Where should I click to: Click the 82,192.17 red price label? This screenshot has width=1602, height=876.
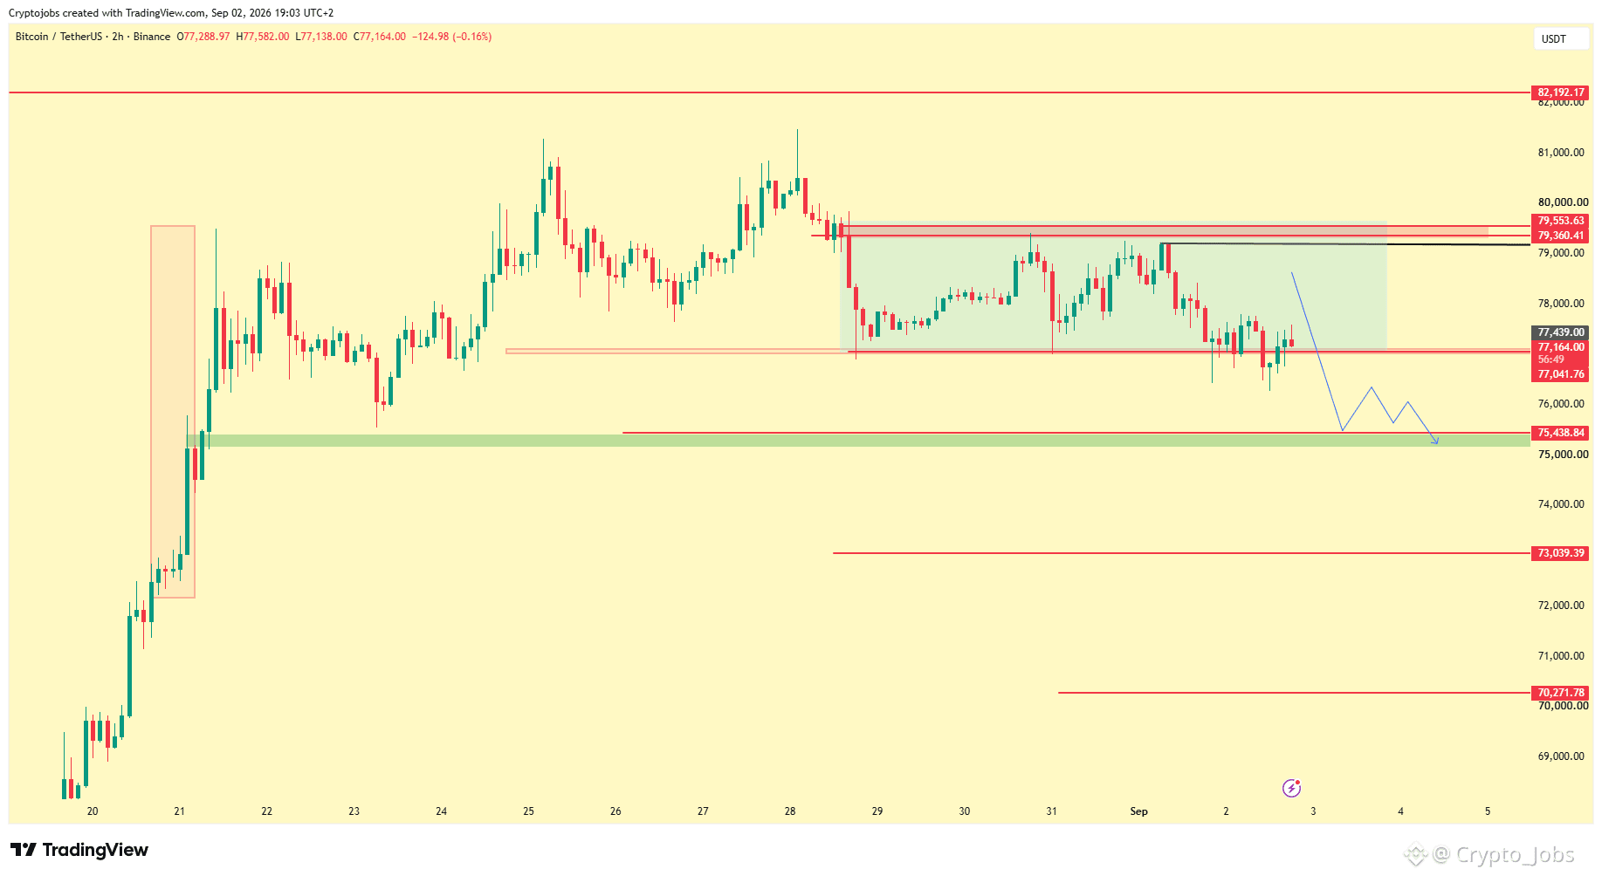click(x=1561, y=92)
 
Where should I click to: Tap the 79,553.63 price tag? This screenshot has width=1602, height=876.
click(x=1561, y=222)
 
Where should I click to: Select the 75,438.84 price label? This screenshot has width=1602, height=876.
click(x=1561, y=433)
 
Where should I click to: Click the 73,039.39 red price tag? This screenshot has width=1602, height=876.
click(x=1561, y=553)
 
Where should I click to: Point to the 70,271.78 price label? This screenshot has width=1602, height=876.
click(x=1561, y=693)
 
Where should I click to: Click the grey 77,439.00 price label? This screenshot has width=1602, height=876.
click(x=1561, y=332)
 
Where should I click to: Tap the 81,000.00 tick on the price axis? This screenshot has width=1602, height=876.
click(x=1561, y=153)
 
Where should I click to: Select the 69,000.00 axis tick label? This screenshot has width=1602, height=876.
click(x=1561, y=756)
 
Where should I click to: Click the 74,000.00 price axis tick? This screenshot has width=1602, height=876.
click(x=1561, y=504)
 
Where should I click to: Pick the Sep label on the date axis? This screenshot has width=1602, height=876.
click(x=1139, y=811)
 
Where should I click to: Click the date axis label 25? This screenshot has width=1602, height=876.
click(x=528, y=811)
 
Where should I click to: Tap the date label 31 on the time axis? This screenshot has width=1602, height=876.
click(x=1052, y=811)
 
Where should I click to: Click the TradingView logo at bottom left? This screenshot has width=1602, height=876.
click(x=79, y=850)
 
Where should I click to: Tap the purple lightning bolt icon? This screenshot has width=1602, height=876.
click(x=1291, y=789)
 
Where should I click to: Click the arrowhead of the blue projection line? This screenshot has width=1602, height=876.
click(x=1436, y=442)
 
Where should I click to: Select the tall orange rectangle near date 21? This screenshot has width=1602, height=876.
click(x=173, y=412)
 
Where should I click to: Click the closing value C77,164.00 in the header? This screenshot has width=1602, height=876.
click(x=380, y=37)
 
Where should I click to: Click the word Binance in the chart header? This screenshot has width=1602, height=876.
click(x=152, y=37)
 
